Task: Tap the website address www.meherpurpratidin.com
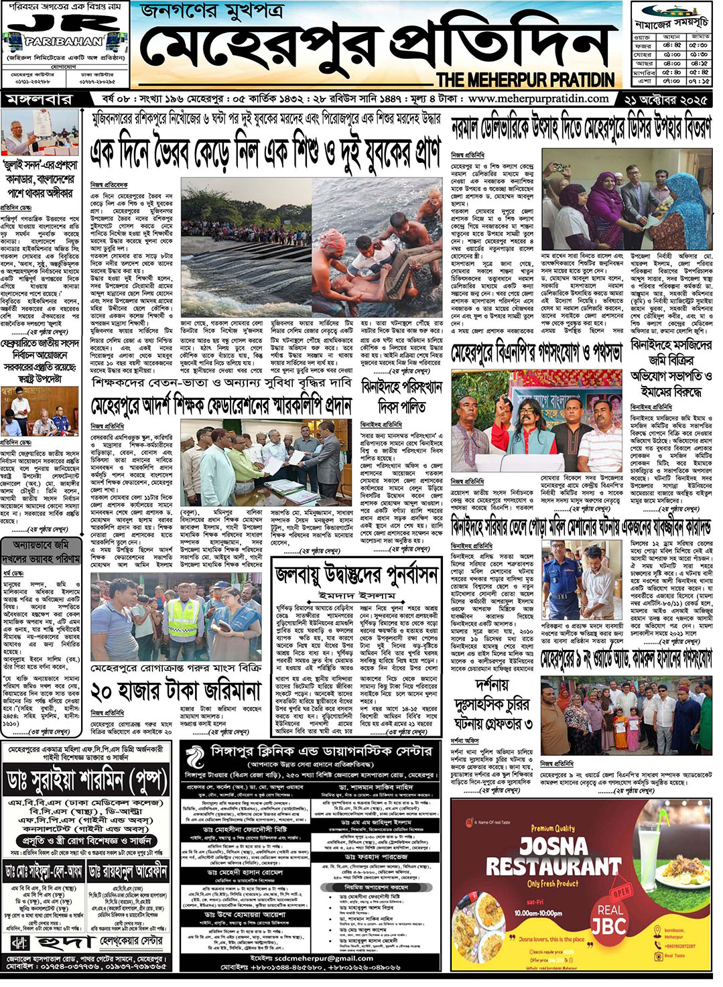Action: click(x=538, y=98)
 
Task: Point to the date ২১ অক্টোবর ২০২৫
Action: click(x=665, y=99)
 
